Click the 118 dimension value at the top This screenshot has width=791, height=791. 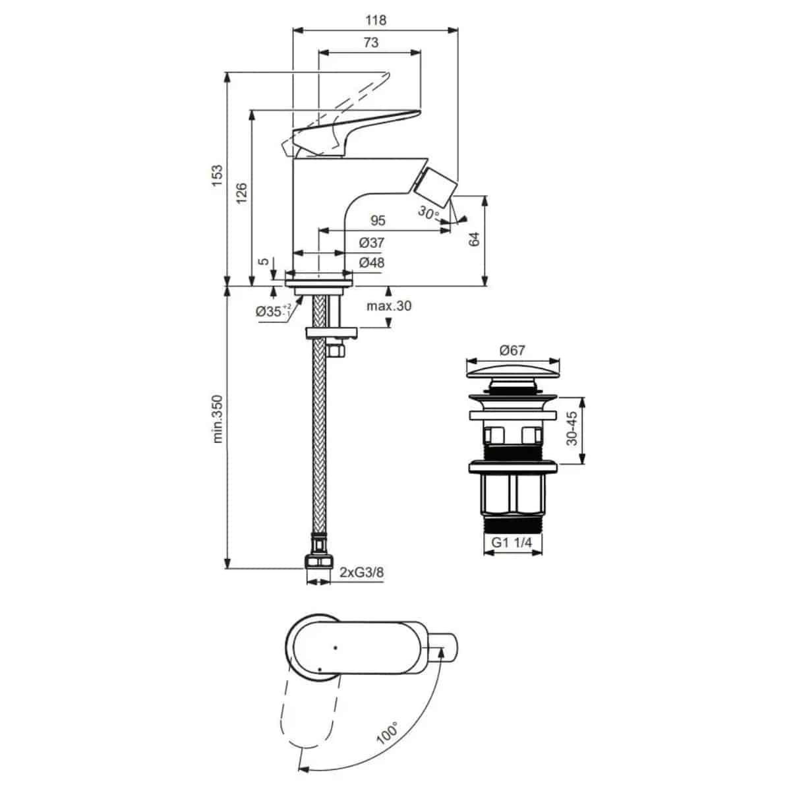(376, 20)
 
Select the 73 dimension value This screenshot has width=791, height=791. (370, 43)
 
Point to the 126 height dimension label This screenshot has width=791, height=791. (241, 193)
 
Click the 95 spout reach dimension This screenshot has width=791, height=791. (378, 221)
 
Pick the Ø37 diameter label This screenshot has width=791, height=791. (372, 243)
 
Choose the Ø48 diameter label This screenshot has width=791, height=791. (372, 262)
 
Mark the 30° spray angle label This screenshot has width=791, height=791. (428, 213)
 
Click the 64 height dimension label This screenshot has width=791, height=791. (474, 239)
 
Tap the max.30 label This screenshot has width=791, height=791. (389, 306)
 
